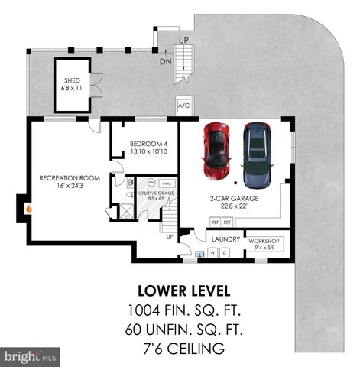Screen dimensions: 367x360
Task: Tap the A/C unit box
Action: click(183, 106)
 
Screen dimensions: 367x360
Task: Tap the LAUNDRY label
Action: click(226, 239)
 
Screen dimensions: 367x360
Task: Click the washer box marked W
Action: click(213, 252)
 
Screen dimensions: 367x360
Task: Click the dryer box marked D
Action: click(225, 252)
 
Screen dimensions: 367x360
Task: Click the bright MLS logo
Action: click(31, 356)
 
